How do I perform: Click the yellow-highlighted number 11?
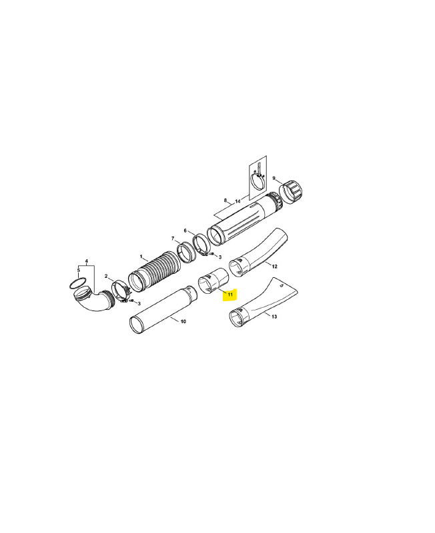[x=230, y=294]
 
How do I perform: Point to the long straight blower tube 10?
[x=163, y=310]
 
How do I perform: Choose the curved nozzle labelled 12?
[x=258, y=253]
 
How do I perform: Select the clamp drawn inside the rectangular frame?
[x=259, y=180]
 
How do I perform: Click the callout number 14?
[x=238, y=201]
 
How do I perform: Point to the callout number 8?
[x=226, y=201]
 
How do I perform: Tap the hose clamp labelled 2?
[x=121, y=290]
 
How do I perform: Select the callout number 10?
[x=183, y=322]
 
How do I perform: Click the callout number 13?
[x=274, y=316]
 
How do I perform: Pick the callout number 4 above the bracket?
[x=87, y=261]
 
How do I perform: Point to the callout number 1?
[x=141, y=257]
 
